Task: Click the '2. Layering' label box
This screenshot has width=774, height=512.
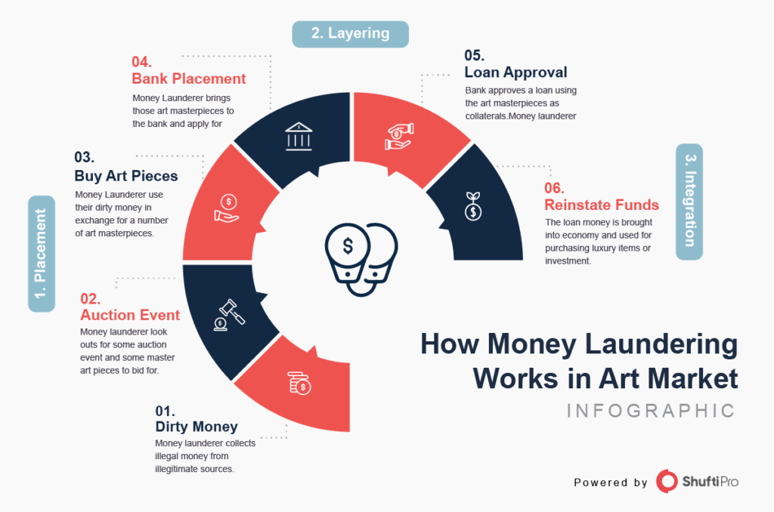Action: click(351, 34)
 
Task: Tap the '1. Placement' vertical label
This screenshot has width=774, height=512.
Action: click(42, 254)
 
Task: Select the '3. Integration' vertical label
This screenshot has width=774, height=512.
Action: click(689, 202)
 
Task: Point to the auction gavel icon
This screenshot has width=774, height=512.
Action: click(228, 313)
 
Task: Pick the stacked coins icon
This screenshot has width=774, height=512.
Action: click(300, 383)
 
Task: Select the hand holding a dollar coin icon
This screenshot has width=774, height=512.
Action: click(227, 208)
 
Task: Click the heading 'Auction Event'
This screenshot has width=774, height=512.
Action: click(130, 315)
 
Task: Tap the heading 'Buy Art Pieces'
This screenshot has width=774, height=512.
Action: click(125, 176)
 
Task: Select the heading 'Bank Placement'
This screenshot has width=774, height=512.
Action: click(189, 79)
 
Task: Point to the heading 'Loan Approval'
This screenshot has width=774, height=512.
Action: click(515, 73)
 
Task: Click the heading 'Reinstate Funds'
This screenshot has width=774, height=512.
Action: click(602, 205)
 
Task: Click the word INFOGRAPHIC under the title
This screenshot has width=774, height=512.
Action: click(650, 411)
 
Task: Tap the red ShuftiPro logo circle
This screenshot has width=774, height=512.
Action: click(667, 481)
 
